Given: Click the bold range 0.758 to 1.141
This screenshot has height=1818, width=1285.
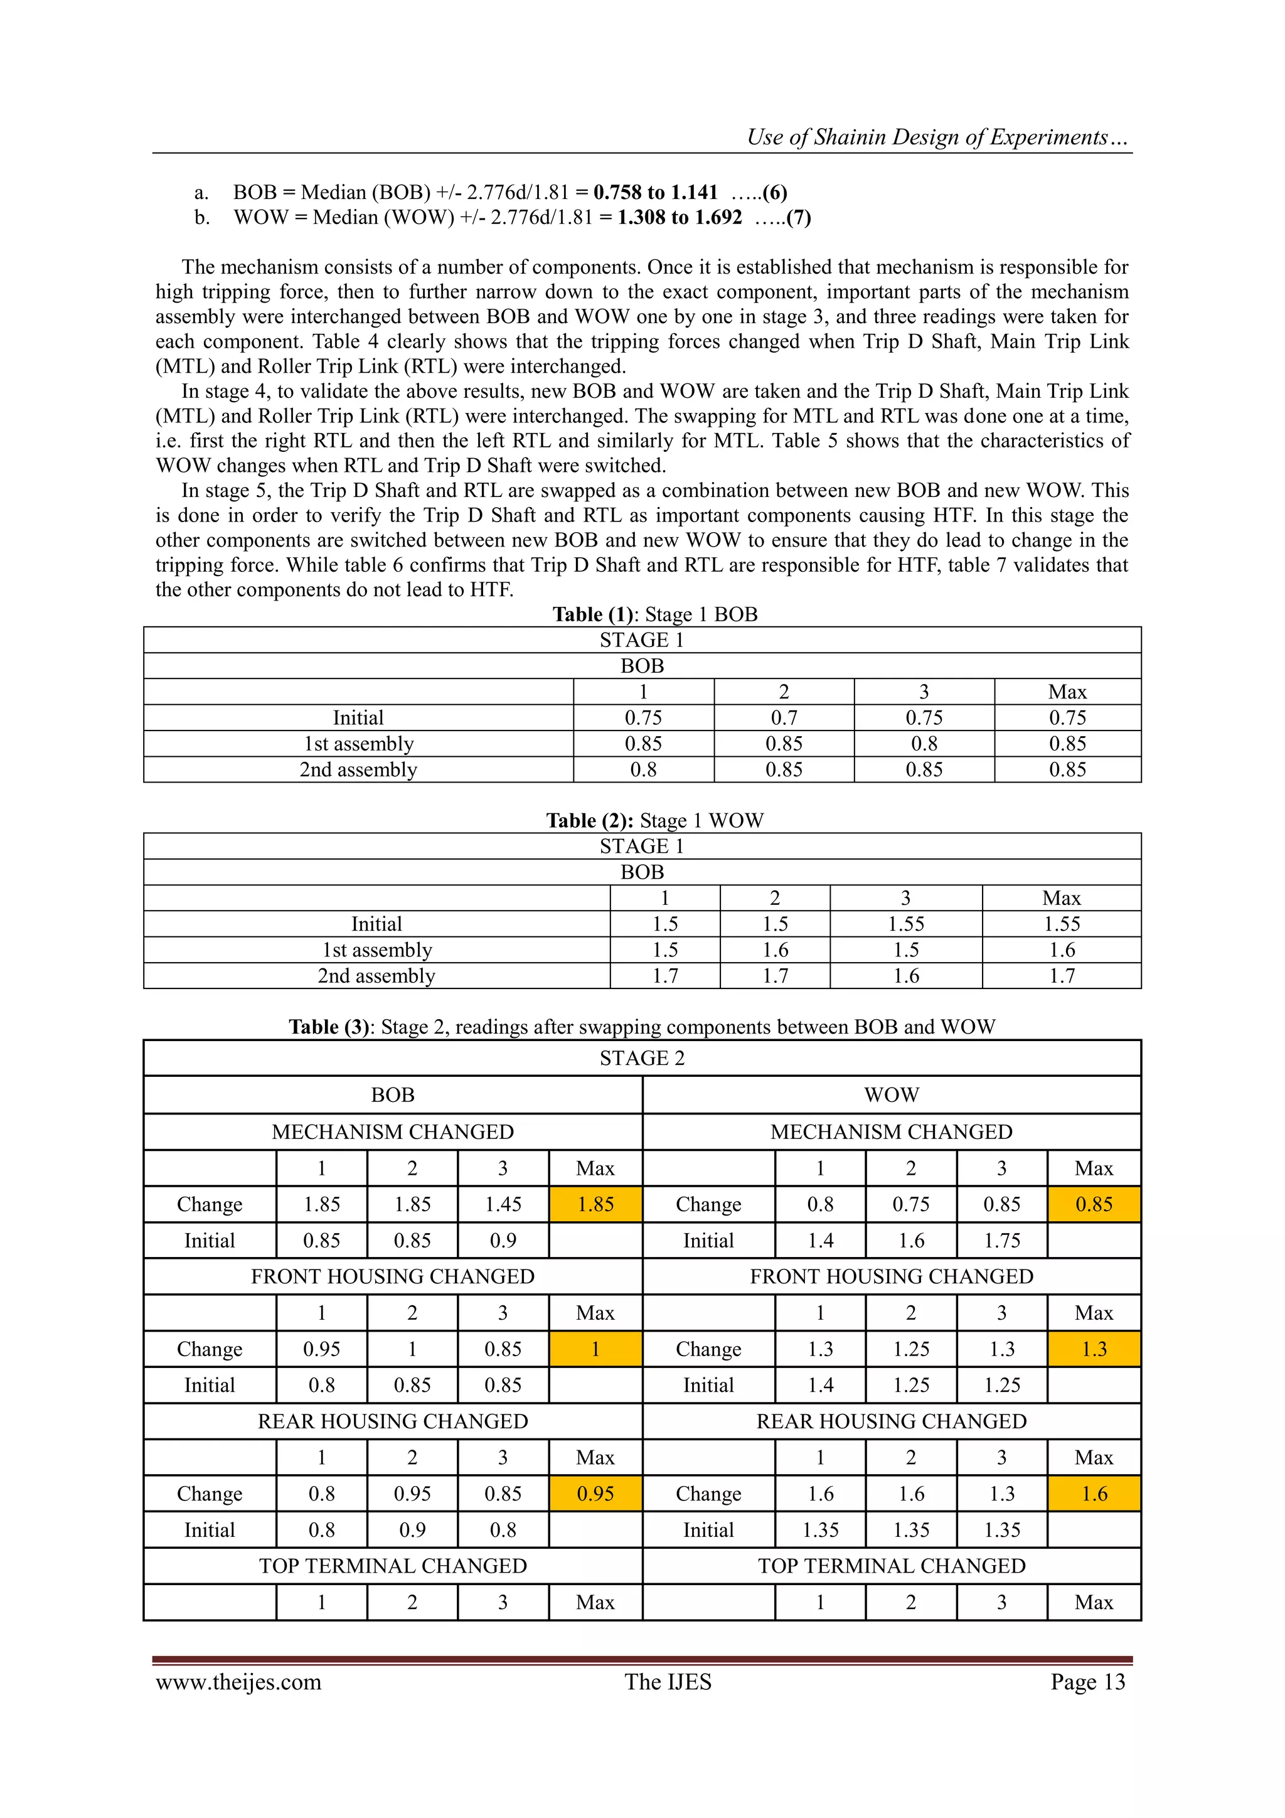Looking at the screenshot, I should [x=655, y=193].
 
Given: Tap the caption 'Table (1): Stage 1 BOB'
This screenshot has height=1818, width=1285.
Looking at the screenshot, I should [x=655, y=614].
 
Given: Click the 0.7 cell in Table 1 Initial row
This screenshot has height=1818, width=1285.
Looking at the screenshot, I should [x=783, y=717].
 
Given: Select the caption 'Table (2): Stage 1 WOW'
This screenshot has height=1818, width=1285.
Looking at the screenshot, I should [x=655, y=820].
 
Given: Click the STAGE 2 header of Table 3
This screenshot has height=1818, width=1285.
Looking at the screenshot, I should [x=642, y=1058].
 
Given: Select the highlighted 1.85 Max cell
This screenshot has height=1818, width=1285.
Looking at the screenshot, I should [x=595, y=1204].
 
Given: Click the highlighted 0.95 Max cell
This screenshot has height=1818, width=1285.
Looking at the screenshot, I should [x=595, y=1494].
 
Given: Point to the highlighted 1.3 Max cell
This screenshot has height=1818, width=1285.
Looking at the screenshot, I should [x=1094, y=1349].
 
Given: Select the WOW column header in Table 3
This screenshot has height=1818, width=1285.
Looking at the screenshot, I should [x=892, y=1095].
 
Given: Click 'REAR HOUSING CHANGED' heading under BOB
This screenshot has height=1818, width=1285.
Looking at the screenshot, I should [x=393, y=1421].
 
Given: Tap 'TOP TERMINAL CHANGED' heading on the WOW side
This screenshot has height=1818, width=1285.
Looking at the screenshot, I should [x=892, y=1566].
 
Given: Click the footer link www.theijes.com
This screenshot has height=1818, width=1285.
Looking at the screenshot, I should [x=238, y=1682].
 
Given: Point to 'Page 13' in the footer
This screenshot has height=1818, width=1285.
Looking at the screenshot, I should [x=1087, y=1682].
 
